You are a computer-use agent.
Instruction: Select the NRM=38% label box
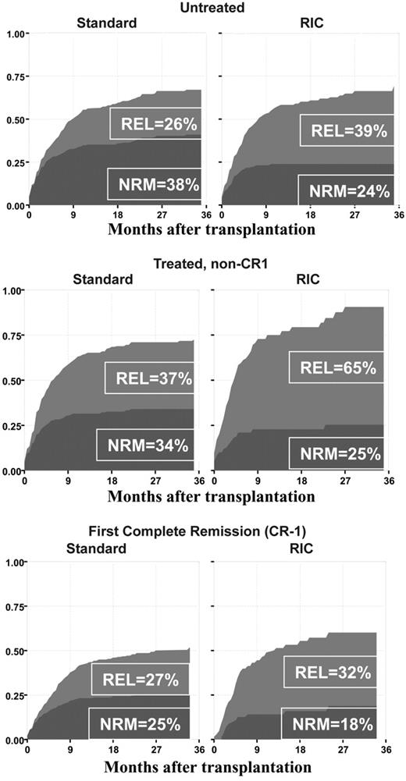click(x=154, y=184)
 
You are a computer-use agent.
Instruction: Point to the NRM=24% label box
click(x=346, y=191)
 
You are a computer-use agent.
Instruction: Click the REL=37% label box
click(x=149, y=378)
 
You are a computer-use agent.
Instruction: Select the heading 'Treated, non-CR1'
click(x=204, y=263)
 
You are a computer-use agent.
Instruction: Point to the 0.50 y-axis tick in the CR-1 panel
click(x=13, y=651)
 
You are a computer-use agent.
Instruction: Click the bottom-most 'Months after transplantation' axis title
click(x=201, y=770)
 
